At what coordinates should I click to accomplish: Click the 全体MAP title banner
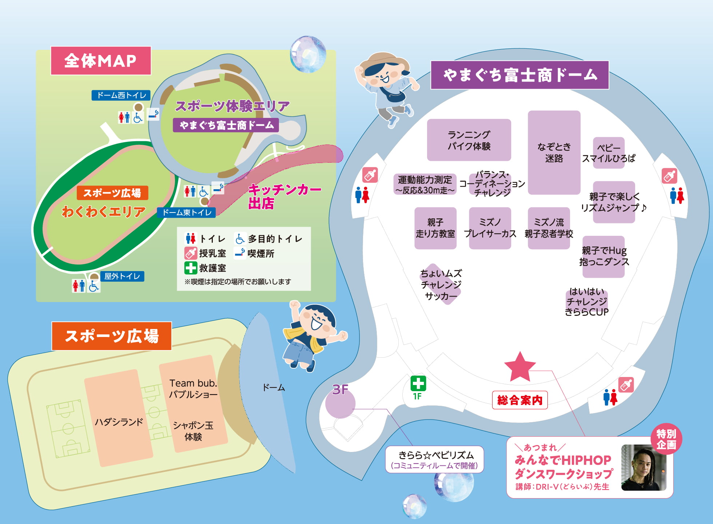click(x=100, y=61)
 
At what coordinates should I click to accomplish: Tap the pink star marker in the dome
click(x=520, y=367)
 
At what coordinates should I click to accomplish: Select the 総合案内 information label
click(x=519, y=400)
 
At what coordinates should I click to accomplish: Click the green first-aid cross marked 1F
click(x=418, y=384)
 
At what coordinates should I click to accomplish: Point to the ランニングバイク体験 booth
click(x=469, y=140)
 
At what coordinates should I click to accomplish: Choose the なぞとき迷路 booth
click(x=554, y=152)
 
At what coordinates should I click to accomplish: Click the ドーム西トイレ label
click(x=121, y=95)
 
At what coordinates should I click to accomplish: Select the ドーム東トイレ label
click(x=186, y=213)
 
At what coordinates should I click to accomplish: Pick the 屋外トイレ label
click(x=122, y=277)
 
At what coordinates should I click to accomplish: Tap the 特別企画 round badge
click(x=666, y=439)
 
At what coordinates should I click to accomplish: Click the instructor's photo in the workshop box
click(x=644, y=468)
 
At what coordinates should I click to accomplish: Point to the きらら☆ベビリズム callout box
click(x=434, y=460)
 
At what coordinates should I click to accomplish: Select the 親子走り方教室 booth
click(x=435, y=228)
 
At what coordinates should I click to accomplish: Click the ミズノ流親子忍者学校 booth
click(x=549, y=228)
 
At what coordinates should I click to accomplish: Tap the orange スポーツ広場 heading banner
click(x=111, y=336)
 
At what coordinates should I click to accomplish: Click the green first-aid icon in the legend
click(x=191, y=268)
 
